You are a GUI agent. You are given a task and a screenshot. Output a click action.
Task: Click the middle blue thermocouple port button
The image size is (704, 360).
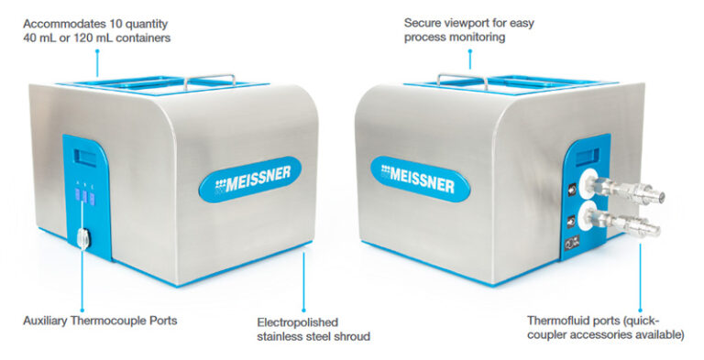click(82, 194)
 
